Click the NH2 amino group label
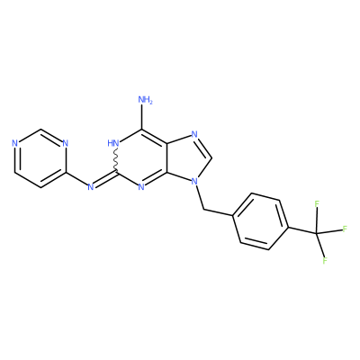tap(146, 100)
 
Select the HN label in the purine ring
tap(113, 143)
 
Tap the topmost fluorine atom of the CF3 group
tap(317, 204)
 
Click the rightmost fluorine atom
tap(345, 229)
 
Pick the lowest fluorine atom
tap(325, 260)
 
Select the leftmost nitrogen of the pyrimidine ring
tap(14, 143)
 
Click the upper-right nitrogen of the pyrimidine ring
tap(66, 143)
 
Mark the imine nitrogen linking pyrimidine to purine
tap(91, 187)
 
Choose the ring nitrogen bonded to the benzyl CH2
tap(195, 182)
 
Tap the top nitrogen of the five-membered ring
tap(194, 134)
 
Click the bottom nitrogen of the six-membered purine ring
tap(141, 187)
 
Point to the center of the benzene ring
tap(260, 222)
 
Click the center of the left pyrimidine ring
tap(40, 158)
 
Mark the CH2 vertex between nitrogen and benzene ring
tap(203, 209)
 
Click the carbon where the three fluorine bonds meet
tap(317, 233)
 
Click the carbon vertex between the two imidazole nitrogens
tap(212, 157)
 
